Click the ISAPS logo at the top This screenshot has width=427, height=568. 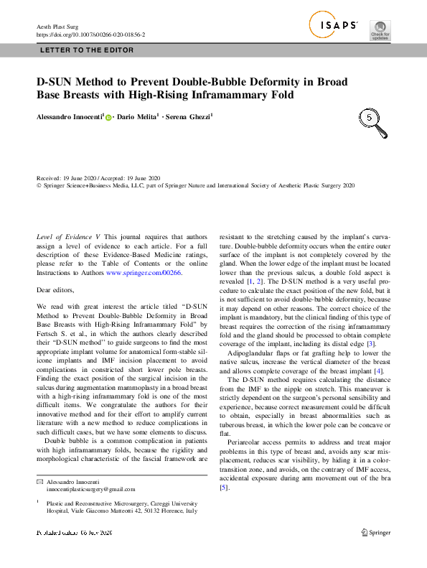point(334,26)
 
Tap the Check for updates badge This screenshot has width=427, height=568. point(380,29)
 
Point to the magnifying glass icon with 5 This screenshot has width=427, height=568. point(372,121)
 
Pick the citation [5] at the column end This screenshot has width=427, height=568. point(224,488)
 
